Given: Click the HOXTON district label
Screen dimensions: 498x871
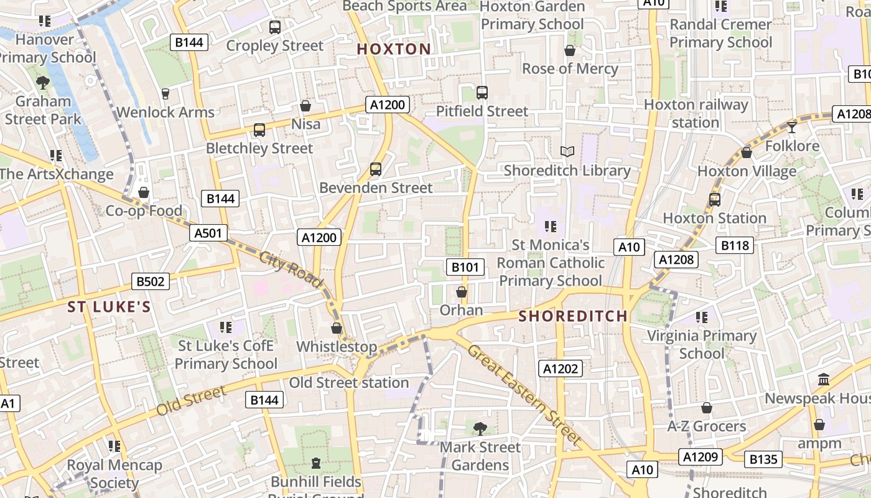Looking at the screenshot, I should tap(394, 49).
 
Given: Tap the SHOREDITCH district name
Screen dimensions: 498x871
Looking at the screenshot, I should tap(573, 316).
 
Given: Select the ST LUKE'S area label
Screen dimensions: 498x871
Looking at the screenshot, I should tap(109, 307).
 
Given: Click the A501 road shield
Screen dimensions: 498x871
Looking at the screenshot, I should tap(208, 233).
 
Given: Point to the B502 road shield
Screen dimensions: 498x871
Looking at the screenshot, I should tap(151, 281).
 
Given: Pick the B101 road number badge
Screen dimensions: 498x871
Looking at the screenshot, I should tap(465, 268).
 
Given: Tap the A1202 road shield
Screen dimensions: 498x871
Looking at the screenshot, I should tap(561, 369).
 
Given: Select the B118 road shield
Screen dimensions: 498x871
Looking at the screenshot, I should tap(735, 245).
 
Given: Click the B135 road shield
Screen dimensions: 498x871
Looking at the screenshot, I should tap(763, 459).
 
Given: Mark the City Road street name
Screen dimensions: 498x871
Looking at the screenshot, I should tap(291, 270).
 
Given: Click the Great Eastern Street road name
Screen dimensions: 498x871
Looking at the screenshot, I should tap(524, 395).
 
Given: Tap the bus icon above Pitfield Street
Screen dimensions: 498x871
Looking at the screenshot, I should tap(482, 93).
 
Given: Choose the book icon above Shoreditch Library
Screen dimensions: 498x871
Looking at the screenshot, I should tap(567, 151).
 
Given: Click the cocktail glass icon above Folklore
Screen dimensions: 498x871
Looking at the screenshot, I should tap(791, 128).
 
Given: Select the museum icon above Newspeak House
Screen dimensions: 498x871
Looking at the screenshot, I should tap(824, 379).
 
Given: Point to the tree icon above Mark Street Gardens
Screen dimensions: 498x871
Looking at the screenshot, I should tap(480, 428).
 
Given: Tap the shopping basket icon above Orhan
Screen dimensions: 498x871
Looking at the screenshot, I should tap(462, 292).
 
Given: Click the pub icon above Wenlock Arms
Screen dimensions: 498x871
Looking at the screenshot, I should tap(165, 94).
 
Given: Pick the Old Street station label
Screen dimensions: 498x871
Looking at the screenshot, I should tap(349, 383).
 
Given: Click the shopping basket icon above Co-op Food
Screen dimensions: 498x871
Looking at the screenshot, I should tap(144, 192).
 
